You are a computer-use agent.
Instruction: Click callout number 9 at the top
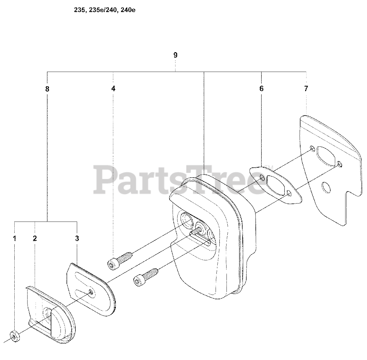(175, 55)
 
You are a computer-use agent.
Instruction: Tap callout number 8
(47, 89)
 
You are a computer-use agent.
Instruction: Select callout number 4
(113, 89)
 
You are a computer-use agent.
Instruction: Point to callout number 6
(261, 89)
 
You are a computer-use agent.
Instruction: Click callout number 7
(306, 89)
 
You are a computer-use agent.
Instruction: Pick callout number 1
(14, 238)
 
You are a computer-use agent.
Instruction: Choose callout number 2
(35, 238)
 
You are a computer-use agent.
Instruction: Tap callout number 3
(77, 238)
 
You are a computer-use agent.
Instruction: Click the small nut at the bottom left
(15, 337)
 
